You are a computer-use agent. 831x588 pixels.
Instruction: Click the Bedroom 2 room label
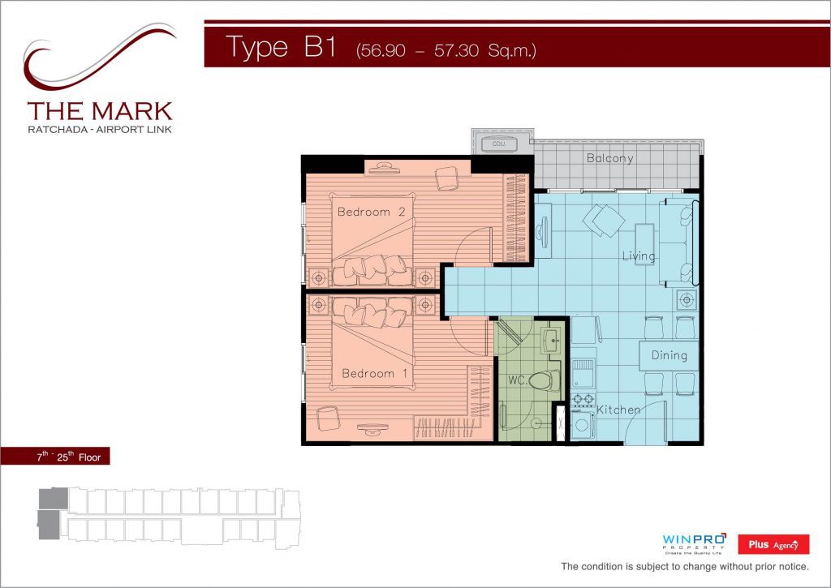pyautogui.click(x=371, y=212)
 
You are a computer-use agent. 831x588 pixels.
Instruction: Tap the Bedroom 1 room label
pyautogui.click(x=375, y=373)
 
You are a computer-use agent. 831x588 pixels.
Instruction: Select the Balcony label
pyautogui.click(x=609, y=158)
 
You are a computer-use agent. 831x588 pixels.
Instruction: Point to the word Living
pyautogui.click(x=639, y=255)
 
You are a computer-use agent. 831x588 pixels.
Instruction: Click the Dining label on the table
pyautogui.click(x=669, y=355)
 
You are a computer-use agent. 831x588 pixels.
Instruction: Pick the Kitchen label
pyautogui.click(x=618, y=410)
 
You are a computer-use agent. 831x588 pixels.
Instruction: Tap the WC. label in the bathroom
pyautogui.click(x=517, y=380)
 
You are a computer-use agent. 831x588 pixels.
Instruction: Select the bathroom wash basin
pyautogui.click(x=551, y=339)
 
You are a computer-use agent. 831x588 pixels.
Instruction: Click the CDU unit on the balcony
pyautogui.click(x=499, y=144)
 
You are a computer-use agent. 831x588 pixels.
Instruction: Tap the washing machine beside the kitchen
pyautogui.click(x=583, y=425)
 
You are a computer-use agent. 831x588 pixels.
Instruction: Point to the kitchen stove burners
pyautogui.click(x=583, y=399)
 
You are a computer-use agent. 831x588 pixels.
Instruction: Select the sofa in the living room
pyautogui.click(x=679, y=241)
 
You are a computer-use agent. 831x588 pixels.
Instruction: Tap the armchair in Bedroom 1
pyautogui.click(x=328, y=418)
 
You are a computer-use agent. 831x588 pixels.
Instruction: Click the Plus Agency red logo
pyautogui.click(x=773, y=544)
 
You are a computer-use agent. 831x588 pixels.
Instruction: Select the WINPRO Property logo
pyautogui.click(x=694, y=543)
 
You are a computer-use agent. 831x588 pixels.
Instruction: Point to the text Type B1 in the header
pyautogui.click(x=281, y=46)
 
